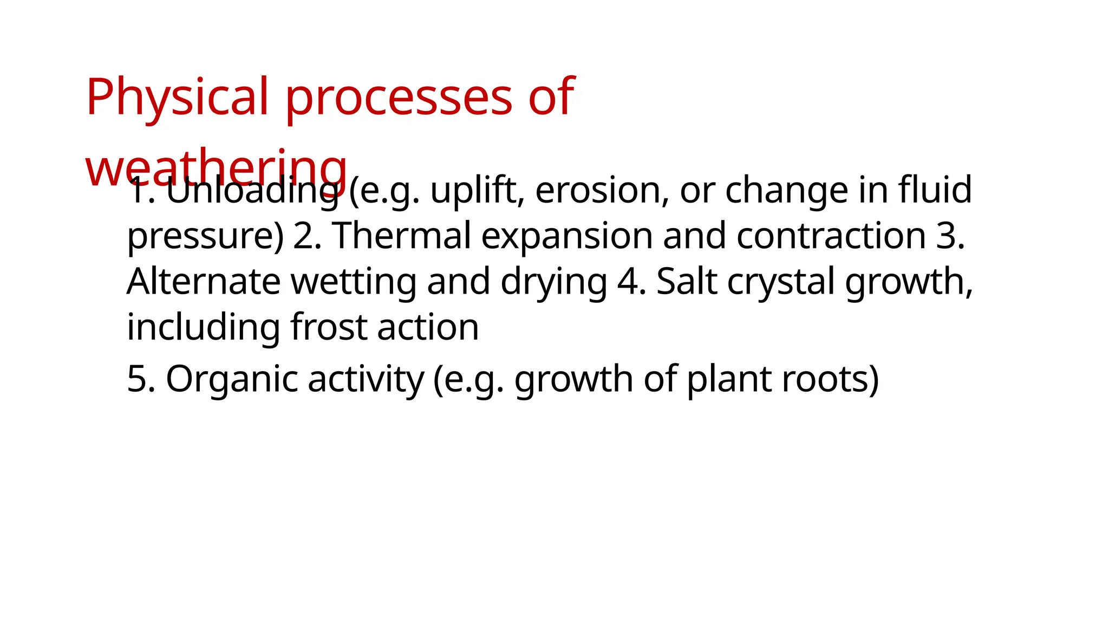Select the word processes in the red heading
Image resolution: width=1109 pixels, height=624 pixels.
coord(399,97)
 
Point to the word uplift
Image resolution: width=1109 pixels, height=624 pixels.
coord(473,191)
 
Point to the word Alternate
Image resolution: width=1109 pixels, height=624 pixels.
coord(204,282)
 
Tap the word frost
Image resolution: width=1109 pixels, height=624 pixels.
coord(328,327)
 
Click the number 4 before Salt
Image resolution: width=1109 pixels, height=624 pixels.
coord(628,282)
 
